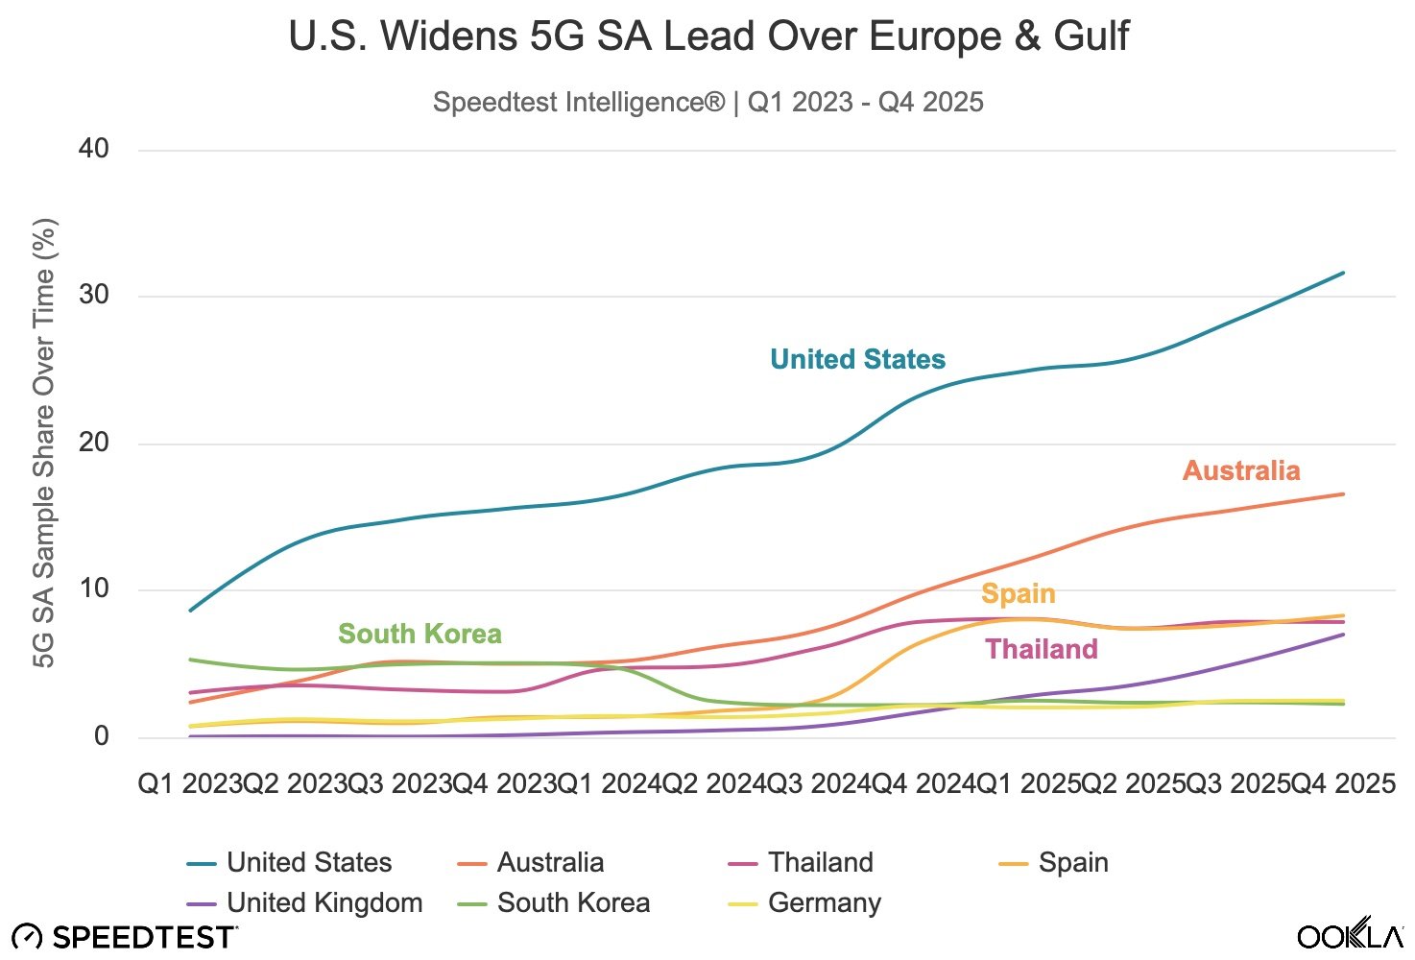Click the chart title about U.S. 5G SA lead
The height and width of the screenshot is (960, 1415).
click(708, 36)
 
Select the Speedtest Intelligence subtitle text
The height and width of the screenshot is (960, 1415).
click(708, 102)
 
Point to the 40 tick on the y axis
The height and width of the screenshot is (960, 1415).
click(94, 149)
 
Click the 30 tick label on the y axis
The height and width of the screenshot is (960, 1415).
click(94, 295)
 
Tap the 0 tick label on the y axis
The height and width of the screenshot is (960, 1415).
click(101, 736)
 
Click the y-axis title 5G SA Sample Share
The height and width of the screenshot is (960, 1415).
click(44, 443)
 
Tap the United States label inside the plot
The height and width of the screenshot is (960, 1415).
click(857, 359)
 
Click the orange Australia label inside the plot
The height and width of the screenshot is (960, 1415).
click(1241, 470)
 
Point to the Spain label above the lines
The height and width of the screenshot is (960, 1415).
click(1018, 593)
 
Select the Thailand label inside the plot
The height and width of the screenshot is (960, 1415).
click(1042, 649)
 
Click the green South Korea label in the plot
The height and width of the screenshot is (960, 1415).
click(420, 634)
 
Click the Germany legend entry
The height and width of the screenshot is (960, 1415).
click(824, 902)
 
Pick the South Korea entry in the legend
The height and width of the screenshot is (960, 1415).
click(573, 902)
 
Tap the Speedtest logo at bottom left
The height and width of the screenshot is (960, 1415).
click(125, 936)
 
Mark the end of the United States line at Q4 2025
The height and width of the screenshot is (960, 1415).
click(1343, 273)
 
